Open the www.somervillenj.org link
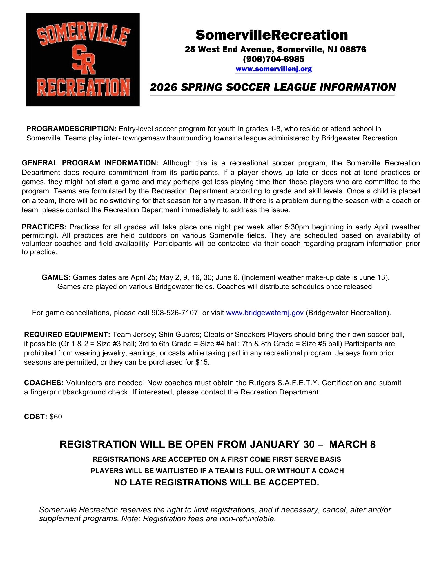(x=273, y=69)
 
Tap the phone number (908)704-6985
(x=274, y=59)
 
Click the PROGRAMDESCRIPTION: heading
(x=71, y=129)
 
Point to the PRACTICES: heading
(x=44, y=227)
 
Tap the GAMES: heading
(x=56, y=277)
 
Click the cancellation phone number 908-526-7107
(x=175, y=313)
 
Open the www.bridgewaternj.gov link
(x=264, y=313)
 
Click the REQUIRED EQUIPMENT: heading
(x=67, y=335)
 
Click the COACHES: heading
(x=44, y=383)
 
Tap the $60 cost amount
(x=56, y=417)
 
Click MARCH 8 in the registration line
(x=352, y=444)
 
